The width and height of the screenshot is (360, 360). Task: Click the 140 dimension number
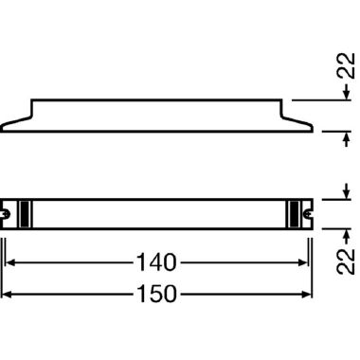coord(156,262)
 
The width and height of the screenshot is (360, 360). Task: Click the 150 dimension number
coord(156,295)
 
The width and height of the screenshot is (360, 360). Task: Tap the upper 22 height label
coord(346,65)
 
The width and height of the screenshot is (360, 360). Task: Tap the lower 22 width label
coord(346,261)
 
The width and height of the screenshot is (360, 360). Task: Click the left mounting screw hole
coord(6,214)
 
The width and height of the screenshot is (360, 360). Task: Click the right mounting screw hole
coord(307,214)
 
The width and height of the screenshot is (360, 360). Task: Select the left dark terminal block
coord(25,214)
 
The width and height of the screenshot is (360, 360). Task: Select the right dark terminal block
coord(294,214)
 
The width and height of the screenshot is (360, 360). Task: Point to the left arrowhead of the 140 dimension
coord(10,262)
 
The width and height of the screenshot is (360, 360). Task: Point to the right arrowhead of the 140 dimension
coord(303,262)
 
